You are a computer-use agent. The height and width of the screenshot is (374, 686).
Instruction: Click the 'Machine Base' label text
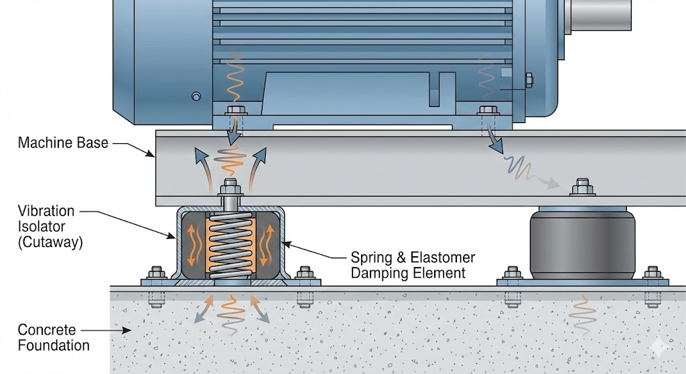point(63,143)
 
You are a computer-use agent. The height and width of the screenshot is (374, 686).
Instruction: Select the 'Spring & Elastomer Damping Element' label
point(413,265)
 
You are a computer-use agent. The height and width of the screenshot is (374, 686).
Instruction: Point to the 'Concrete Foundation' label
point(53,337)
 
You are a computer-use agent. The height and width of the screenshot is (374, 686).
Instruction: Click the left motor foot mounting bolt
point(234,111)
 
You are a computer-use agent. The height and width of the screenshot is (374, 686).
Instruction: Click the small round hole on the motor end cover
point(196,96)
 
